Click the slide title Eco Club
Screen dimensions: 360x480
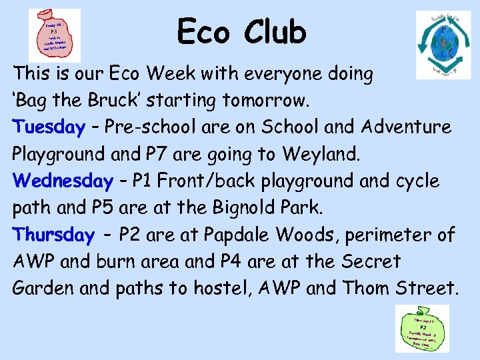(x=241, y=32)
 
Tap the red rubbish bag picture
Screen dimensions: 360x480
(x=55, y=35)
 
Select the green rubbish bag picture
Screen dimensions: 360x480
(x=422, y=328)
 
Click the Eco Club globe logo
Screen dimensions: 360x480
(x=443, y=45)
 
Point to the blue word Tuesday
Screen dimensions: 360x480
(x=49, y=127)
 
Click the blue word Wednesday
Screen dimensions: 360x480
(x=63, y=181)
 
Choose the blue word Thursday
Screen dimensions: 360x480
(x=53, y=235)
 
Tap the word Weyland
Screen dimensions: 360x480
(x=321, y=155)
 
